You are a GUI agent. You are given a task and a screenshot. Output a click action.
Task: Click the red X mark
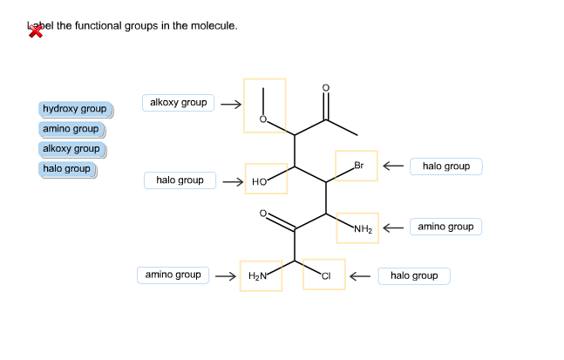tap(36, 31)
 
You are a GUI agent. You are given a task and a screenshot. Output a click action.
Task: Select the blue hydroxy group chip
tap(74, 109)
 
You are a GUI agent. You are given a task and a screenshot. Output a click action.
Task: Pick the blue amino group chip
tap(71, 129)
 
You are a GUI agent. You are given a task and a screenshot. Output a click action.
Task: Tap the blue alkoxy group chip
tap(71, 149)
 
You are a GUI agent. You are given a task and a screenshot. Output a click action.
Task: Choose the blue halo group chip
tap(66, 169)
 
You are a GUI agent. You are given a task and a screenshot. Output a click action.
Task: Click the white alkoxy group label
tap(178, 103)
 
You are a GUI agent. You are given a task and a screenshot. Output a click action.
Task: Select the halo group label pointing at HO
tap(180, 180)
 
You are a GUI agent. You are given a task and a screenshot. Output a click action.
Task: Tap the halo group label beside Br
tap(445, 166)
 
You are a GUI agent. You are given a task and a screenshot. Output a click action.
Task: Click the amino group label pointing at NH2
tap(445, 228)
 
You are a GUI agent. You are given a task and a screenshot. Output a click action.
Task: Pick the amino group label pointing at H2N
tap(173, 275)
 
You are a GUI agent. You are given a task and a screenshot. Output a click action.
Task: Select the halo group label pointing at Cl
tap(414, 276)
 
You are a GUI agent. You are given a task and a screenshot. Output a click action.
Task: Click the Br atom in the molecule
tap(358, 166)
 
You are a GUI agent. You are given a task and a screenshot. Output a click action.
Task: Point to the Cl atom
tap(326, 276)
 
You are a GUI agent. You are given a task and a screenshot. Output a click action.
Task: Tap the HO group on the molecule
tap(260, 182)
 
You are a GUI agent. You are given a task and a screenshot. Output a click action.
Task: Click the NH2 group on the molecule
tap(364, 230)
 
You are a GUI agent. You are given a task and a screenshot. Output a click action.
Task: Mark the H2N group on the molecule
tap(258, 276)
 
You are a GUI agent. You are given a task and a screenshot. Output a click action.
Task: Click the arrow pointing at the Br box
tap(393, 166)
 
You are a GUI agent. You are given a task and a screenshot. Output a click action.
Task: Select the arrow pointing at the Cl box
tap(362, 276)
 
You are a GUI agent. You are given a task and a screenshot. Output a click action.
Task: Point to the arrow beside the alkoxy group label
tap(230, 104)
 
